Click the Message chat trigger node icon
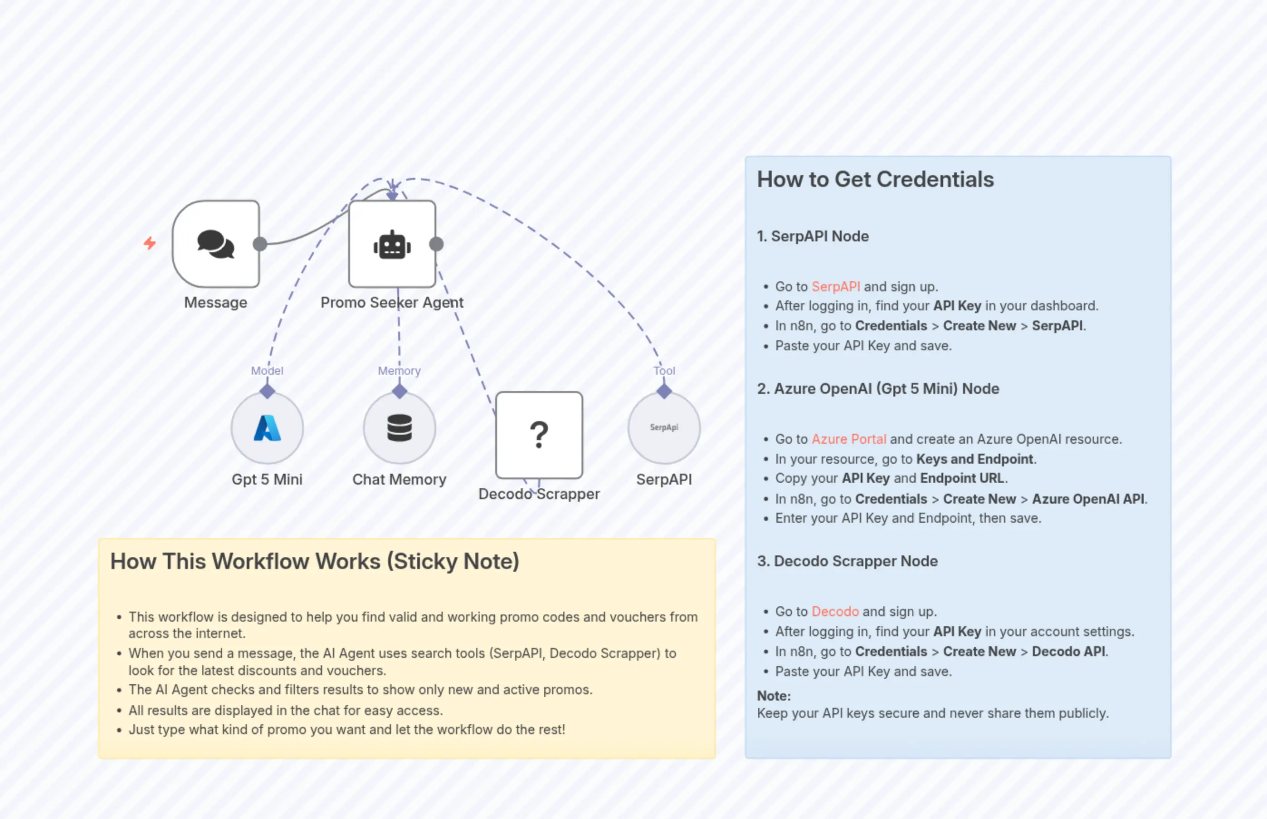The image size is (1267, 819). (x=216, y=244)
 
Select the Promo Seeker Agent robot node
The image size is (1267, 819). (x=392, y=244)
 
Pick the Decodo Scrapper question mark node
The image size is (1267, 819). (x=539, y=435)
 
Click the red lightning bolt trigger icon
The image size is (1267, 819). (x=150, y=243)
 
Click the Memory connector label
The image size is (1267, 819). (x=399, y=371)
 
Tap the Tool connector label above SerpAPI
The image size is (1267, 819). (x=664, y=371)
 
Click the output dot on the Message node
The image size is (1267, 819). (x=260, y=244)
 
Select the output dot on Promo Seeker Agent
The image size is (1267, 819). (x=436, y=244)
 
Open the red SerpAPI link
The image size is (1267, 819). (x=835, y=287)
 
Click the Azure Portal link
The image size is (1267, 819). (x=849, y=439)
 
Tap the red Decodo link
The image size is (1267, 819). (x=835, y=612)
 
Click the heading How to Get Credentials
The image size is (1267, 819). (x=875, y=180)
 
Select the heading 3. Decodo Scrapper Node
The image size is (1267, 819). (x=847, y=561)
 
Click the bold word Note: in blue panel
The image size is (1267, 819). (x=773, y=696)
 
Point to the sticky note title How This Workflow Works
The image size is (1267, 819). (x=315, y=562)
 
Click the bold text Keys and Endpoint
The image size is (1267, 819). (x=975, y=459)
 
